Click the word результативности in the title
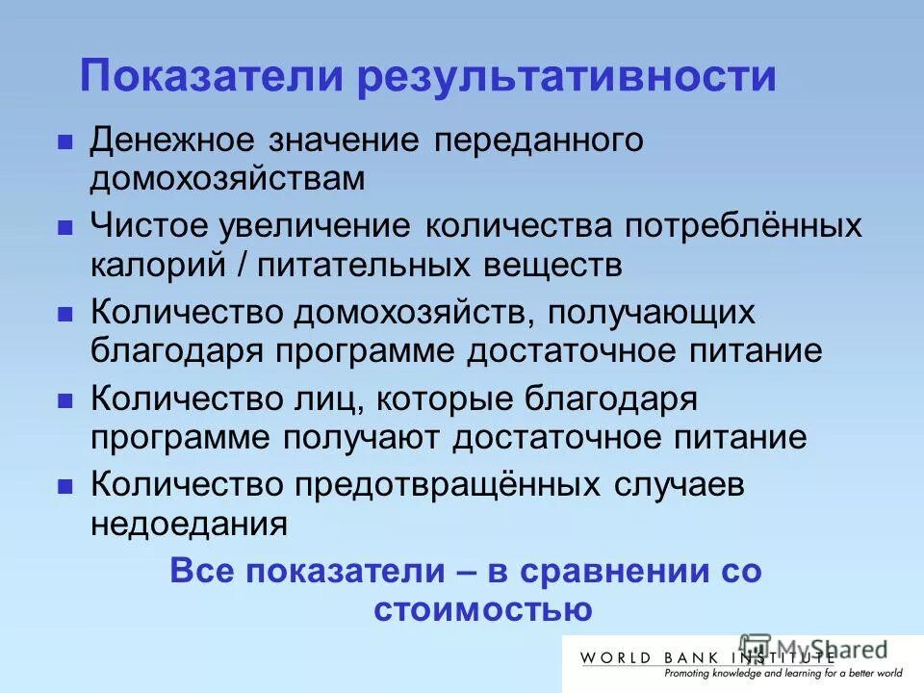[567, 77]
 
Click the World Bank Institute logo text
[706, 658]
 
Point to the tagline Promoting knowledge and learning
[741, 675]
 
